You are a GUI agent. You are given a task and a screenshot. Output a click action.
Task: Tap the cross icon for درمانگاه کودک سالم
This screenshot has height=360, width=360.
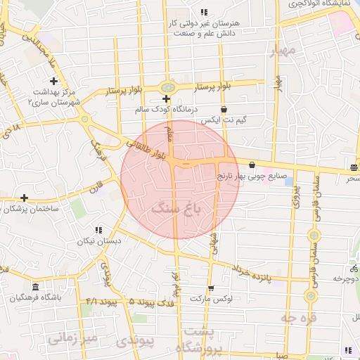point(166,98)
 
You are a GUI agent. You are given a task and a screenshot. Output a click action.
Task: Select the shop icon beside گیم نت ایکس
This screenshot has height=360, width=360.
point(224,110)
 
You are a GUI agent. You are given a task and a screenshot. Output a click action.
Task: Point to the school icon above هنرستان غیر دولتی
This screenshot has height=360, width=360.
point(204,12)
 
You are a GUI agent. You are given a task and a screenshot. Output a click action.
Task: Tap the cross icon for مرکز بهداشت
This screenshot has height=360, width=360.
point(53,81)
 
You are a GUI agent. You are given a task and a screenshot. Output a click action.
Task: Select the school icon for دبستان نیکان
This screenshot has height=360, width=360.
point(98,230)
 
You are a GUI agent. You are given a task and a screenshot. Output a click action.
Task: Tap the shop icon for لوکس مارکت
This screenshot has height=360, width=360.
point(210,288)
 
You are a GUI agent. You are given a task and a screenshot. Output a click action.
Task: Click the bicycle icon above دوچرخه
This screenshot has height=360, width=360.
point(352,269)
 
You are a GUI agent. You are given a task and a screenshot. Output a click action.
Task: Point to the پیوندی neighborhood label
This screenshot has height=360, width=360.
point(136,341)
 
